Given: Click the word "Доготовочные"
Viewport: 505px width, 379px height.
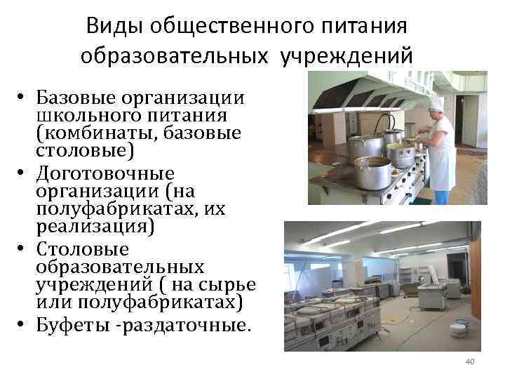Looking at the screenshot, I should pos(105,173).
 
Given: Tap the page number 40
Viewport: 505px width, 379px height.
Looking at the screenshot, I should pos(470,361).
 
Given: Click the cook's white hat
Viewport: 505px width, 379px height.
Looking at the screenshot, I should pos(437,105).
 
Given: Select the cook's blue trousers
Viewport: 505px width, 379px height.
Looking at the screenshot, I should pos(443,197).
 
